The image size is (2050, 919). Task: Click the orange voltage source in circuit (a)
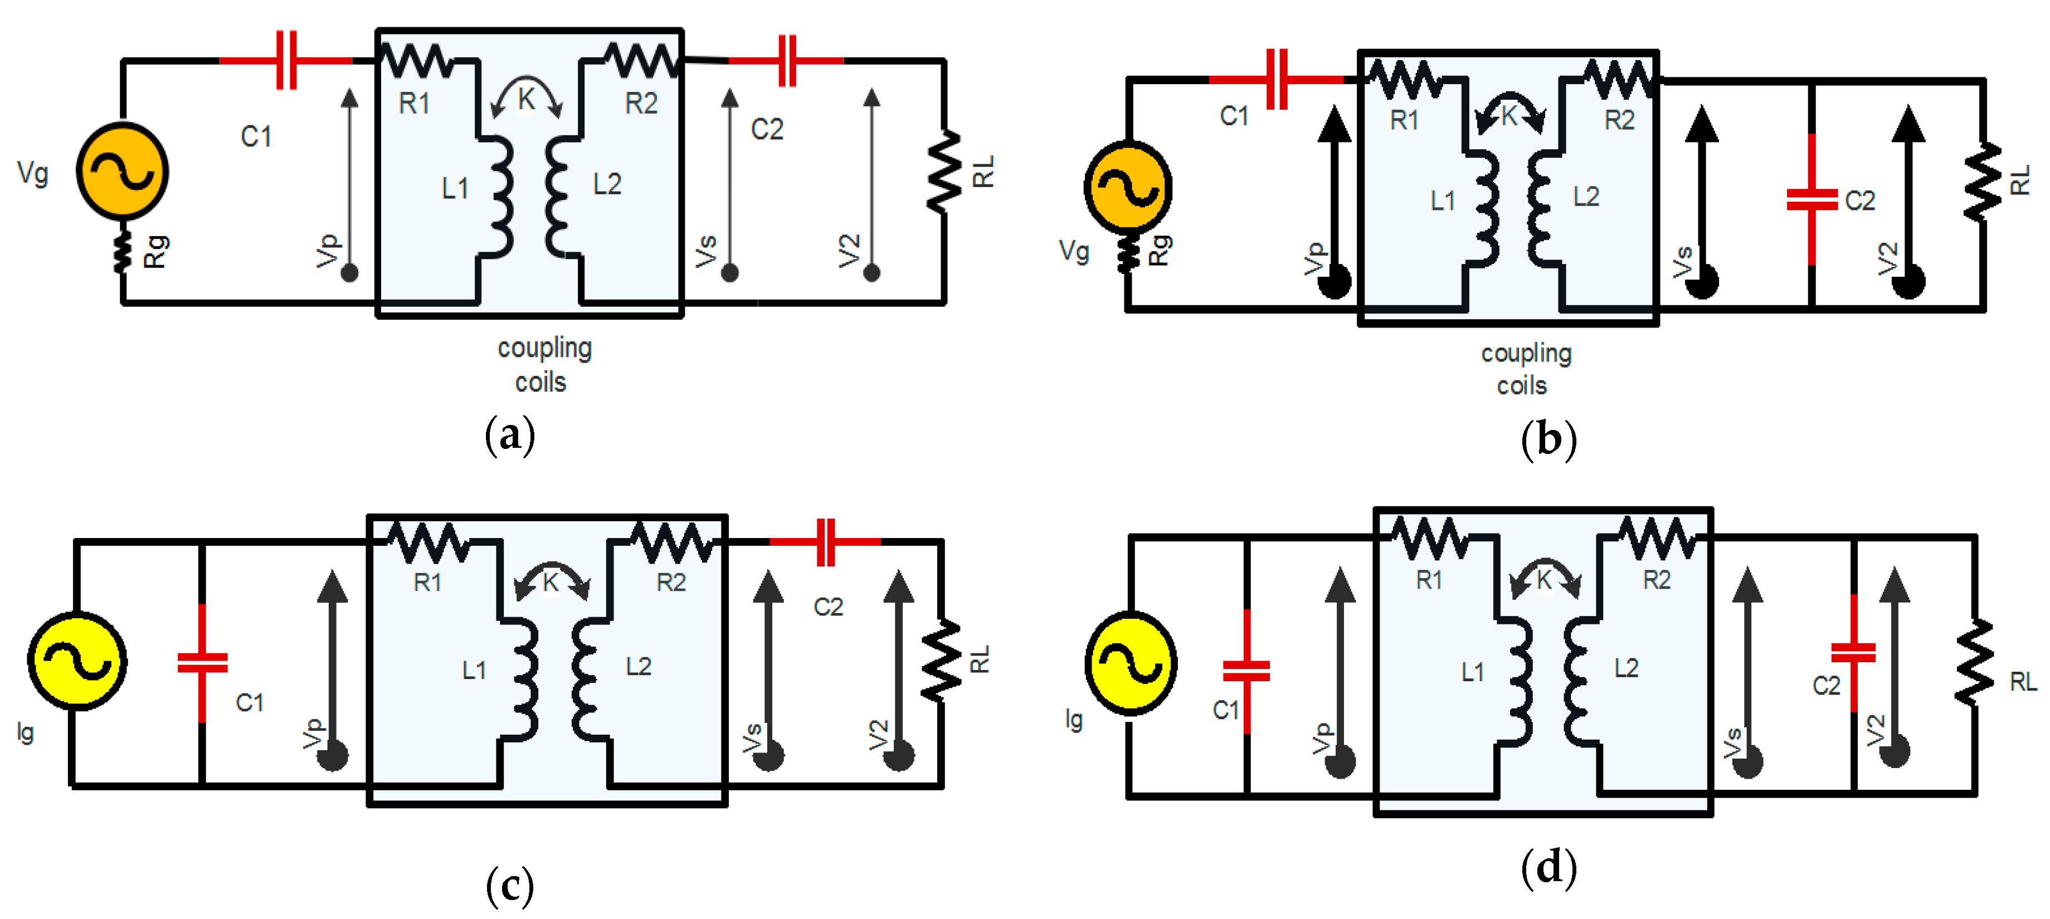[122, 171]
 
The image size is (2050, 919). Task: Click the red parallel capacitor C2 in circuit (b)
[1812, 199]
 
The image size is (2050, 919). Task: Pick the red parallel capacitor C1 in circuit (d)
[1246, 671]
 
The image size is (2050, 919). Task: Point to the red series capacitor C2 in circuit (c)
[826, 542]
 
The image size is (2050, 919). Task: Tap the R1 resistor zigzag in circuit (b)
[1405, 80]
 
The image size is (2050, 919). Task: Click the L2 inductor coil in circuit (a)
[557, 195]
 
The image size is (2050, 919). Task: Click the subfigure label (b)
[1548, 440]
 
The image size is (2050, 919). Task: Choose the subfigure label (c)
[509, 885]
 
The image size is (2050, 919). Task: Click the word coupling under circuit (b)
[1526, 353]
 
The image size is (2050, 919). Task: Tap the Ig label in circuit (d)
[1074, 719]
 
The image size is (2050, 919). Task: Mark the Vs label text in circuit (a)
[707, 251]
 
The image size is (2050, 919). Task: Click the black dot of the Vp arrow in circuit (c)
[333, 755]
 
